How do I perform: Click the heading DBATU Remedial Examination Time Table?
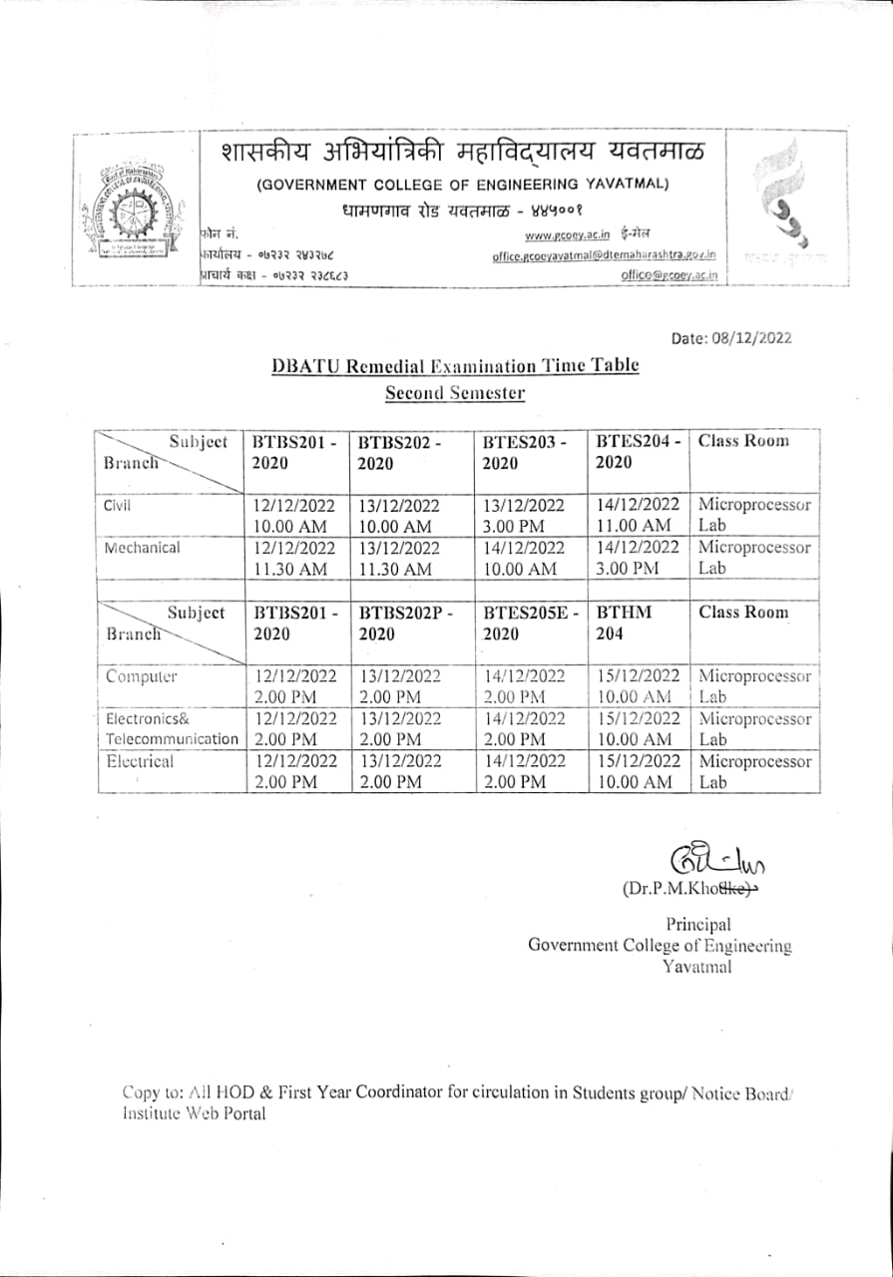coord(455,366)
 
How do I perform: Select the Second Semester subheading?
coord(455,393)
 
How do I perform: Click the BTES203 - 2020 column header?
coord(524,452)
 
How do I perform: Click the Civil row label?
coord(118,505)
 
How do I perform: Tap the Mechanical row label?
coord(143,548)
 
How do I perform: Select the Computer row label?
coord(142,676)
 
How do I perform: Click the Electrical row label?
coord(140,761)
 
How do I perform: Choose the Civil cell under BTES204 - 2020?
coord(638,515)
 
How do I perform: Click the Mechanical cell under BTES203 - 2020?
coord(524,558)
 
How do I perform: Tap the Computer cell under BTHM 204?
coord(638,686)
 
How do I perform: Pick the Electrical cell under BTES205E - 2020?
coord(524,772)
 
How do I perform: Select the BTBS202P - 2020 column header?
coord(405,624)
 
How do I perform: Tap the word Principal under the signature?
coord(697,925)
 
